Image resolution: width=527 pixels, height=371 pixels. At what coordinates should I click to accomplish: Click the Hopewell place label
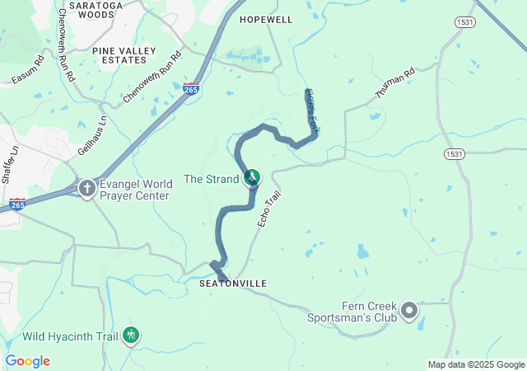266,19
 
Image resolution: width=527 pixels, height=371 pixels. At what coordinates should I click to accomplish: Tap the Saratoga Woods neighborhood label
91,9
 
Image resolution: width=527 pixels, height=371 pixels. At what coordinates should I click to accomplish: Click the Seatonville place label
233,284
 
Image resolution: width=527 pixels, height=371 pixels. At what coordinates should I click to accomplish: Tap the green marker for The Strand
252,177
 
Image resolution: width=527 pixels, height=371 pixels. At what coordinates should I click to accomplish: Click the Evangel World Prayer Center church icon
86,189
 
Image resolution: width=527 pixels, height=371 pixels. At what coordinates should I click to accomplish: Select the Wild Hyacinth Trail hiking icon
130,336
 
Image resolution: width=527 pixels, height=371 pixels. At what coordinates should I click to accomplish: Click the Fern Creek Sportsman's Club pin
409,311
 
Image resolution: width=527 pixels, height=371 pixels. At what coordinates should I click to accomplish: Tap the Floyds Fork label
312,110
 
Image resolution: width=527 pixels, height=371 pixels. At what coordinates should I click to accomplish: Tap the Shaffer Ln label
9,166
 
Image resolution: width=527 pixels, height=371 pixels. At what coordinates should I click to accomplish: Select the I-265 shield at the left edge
17,204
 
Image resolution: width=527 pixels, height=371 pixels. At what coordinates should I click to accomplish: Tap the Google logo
27,361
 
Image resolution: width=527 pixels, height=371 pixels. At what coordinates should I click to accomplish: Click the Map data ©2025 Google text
476,364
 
